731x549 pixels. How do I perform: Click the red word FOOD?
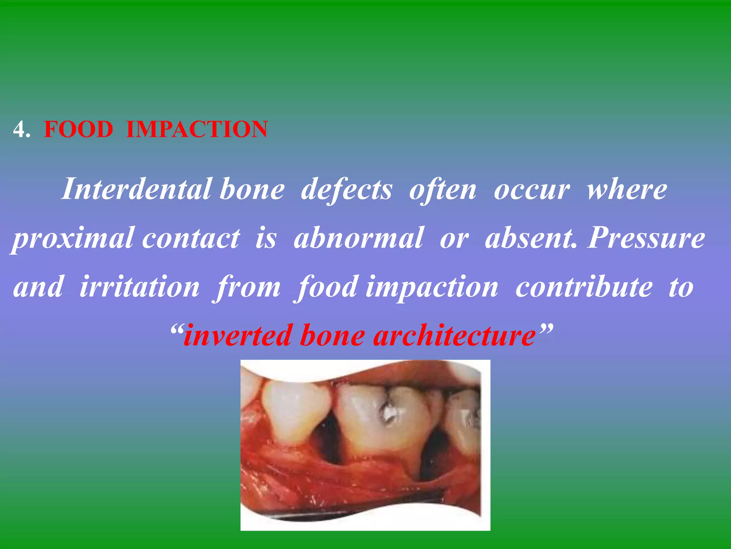coord(79,129)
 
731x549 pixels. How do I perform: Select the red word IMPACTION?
coord(197,129)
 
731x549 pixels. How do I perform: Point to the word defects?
coord(346,189)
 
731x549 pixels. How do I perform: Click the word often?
coord(443,189)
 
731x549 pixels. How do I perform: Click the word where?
coord(627,189)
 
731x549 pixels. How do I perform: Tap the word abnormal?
coord(359,238)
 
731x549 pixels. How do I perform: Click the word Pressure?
coord(646,238)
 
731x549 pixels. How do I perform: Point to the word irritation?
coord(139,287)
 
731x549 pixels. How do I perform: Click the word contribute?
coord(584,287)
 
